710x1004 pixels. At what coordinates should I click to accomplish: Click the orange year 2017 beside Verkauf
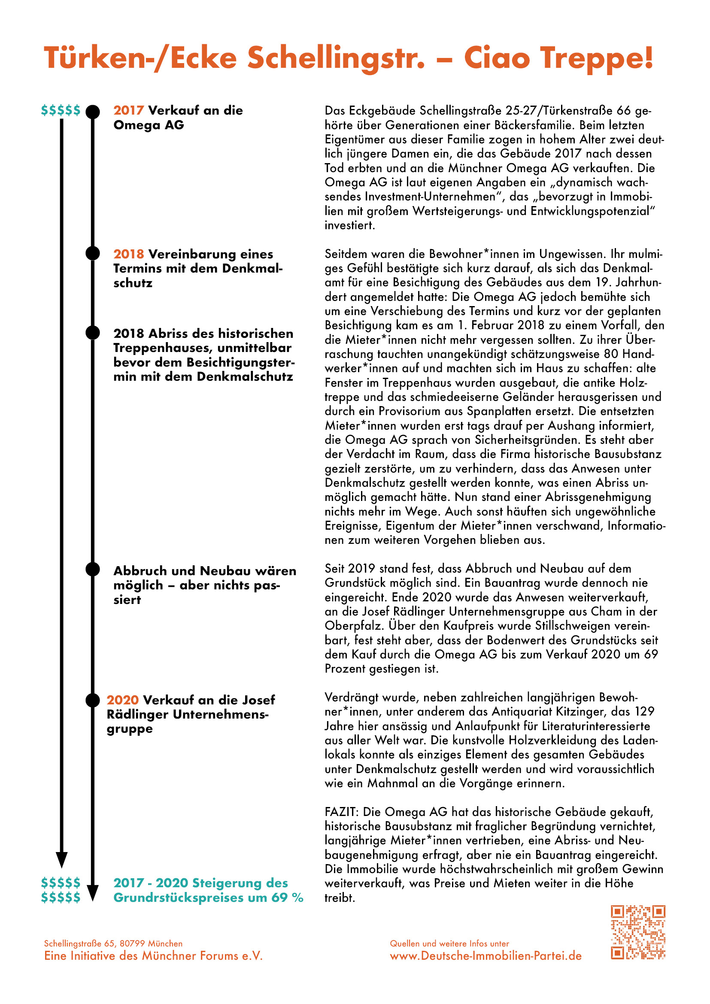pyautogui.click(x=128, y=110)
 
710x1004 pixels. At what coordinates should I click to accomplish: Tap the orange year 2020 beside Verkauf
pyautogui.click(x=122, y=700)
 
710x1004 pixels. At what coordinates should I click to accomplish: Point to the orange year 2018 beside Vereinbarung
pyautogui.click(x=128, y=254)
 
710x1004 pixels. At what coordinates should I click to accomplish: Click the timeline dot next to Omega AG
pyautogui.click(x=93, y=112)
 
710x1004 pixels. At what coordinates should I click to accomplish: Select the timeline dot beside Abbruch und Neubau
pyautogui.click(x=93, y=569)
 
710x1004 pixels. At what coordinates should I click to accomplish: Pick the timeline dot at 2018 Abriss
pyautogui.click(x=93, y=333)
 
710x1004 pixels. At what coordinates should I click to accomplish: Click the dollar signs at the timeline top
pyautogui.click(x=61, y=110)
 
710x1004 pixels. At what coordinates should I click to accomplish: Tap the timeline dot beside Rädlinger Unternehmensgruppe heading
pyautogui.click(x=93, y=700)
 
